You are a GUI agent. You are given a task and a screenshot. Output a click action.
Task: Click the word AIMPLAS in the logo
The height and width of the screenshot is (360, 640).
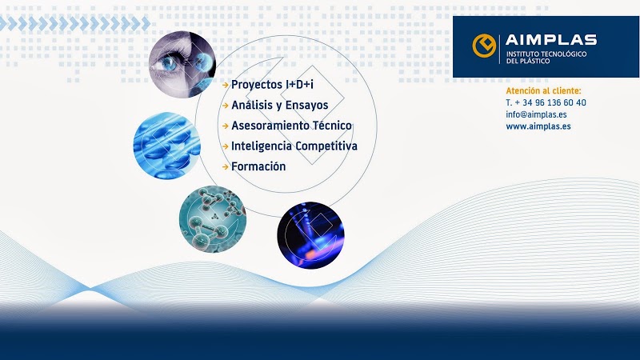point(551,39)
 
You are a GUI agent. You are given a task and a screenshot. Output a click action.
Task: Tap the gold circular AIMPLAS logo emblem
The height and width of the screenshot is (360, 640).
point(485,46)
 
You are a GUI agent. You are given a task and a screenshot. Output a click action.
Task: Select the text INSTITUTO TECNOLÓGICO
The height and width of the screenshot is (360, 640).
point(546,54)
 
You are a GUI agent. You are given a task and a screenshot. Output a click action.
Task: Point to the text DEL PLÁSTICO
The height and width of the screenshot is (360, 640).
point(528,61)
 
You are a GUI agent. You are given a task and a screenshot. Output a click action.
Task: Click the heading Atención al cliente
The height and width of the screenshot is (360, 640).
point(543,90)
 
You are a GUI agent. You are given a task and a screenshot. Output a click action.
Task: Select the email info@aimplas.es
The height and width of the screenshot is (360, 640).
point(536,114)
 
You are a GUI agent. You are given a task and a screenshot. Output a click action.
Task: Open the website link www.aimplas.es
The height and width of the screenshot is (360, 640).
point(538,126)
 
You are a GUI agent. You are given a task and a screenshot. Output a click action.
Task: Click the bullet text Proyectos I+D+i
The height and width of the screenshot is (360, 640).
point(272,85)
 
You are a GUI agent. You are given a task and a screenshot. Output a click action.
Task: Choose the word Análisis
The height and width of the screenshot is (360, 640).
point(251,105)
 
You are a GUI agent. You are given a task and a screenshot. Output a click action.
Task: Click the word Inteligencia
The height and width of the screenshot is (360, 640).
point(262,146)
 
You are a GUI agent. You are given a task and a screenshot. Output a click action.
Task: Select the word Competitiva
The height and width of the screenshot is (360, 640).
point(326,146)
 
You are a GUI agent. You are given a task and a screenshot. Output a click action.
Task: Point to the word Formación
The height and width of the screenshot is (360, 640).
point(258,166)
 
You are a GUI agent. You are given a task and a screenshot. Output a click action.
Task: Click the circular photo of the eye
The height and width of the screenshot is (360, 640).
point(182,65)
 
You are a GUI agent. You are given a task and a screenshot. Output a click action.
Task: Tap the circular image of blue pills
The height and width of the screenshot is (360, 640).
point(167,146)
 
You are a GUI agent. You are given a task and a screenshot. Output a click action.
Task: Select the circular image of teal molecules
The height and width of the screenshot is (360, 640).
point(213,219)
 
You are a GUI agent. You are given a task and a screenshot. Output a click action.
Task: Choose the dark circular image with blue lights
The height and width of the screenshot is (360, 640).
point(310,235)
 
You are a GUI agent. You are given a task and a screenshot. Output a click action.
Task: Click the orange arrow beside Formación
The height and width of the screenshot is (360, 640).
point(226,166)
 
